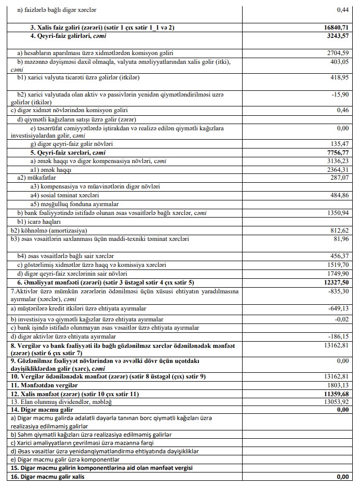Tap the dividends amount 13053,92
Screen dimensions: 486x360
tap(337, 401)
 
